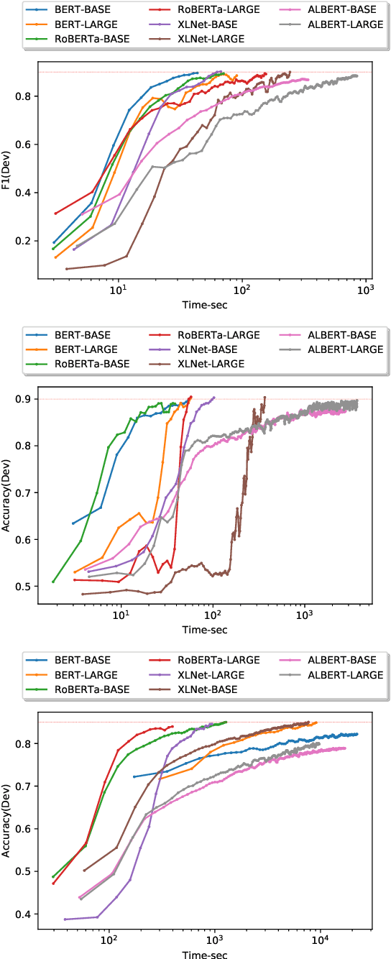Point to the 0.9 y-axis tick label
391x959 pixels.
[x=25, y=399]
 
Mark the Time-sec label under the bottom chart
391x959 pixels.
[x=205, y=953]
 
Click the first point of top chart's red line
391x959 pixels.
[x=55, y=214]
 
